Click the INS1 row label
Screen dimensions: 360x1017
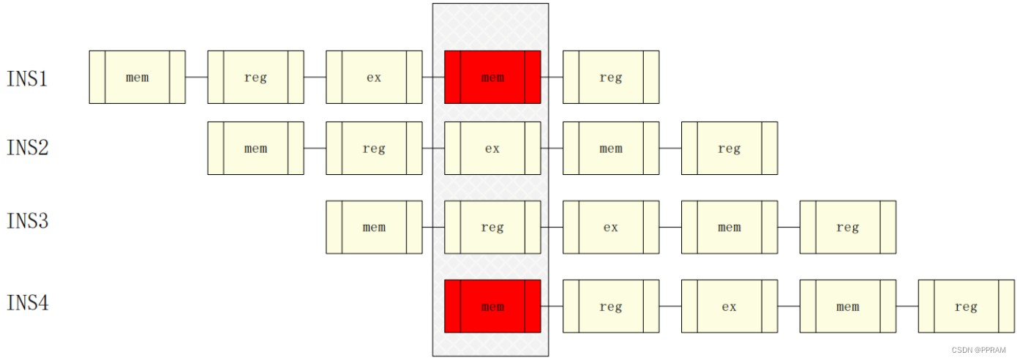click(x=27, y=78)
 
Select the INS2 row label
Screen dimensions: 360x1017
click(x=27, y=148)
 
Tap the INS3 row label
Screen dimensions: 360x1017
click(x=27, y=220)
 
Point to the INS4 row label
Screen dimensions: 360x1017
click(x=27, y=302)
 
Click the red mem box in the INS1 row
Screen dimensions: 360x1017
click(x=492, y=77)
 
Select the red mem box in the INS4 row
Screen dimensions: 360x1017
click(x=492, y=306)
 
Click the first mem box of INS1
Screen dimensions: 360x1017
click(x=137, y=77)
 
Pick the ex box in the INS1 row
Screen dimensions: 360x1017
click(x=374, y=77)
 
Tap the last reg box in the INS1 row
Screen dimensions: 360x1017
click(x=611, y=77)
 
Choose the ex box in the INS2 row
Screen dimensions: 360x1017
click(x=492, y=148)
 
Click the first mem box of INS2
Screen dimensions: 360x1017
click(x=255, y=148)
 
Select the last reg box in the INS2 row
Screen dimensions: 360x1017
click(x=729, y=148)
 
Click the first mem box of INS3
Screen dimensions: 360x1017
click(x=374, y=227)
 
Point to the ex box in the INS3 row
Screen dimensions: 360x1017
click(x=611, y=227)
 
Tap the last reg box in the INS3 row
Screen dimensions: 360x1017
click(x=848, y=227)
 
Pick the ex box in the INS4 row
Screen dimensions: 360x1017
click(x=729, y=306)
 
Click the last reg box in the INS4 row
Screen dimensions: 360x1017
click(x=967, y=306)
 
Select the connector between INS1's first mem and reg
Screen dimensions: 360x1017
click(x=196, y=77)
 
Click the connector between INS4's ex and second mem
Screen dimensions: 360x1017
click(x=789, y=306)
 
